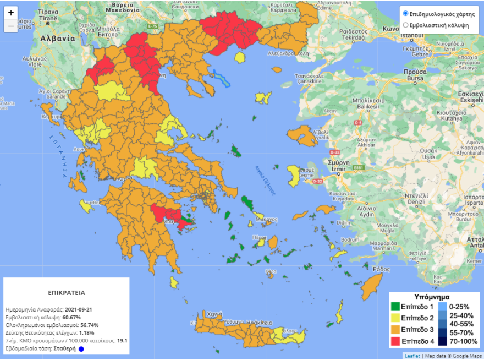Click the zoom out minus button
point(11,26)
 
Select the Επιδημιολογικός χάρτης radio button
point(406,14)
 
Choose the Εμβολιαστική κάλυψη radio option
point(406,25)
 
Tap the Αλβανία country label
point(57,39)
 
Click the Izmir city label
point(337,169)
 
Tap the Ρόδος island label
point(381,269)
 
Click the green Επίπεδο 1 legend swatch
point(395,307)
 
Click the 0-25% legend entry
point(461,306)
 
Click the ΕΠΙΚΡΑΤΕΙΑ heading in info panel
point(66,293)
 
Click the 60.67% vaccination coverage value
point(71,318)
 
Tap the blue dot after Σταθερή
point(80,348)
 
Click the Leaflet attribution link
point(413,356)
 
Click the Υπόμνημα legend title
point(432,296)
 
